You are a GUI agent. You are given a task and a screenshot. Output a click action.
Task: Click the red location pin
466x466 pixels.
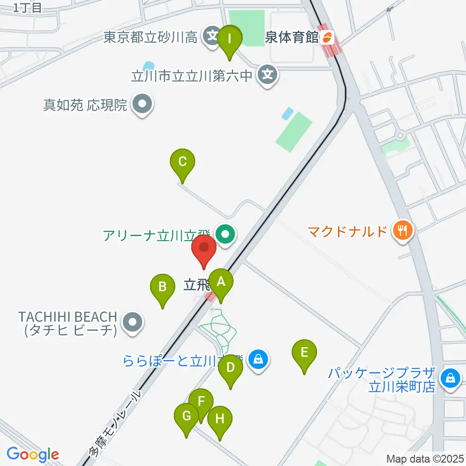tap(204, 249)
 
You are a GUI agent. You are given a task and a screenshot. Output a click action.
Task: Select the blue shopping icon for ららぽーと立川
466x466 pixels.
tap(258, 360)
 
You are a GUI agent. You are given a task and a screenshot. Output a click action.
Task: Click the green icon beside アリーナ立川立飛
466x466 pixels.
tap(225, 235)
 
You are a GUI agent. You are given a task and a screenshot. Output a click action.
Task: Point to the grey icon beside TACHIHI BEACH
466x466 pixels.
tap(132, 323)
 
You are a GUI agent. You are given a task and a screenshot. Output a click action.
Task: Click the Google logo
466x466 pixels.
tap(33, 454)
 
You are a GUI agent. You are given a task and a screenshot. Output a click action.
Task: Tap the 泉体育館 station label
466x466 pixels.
tap(291, 38)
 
